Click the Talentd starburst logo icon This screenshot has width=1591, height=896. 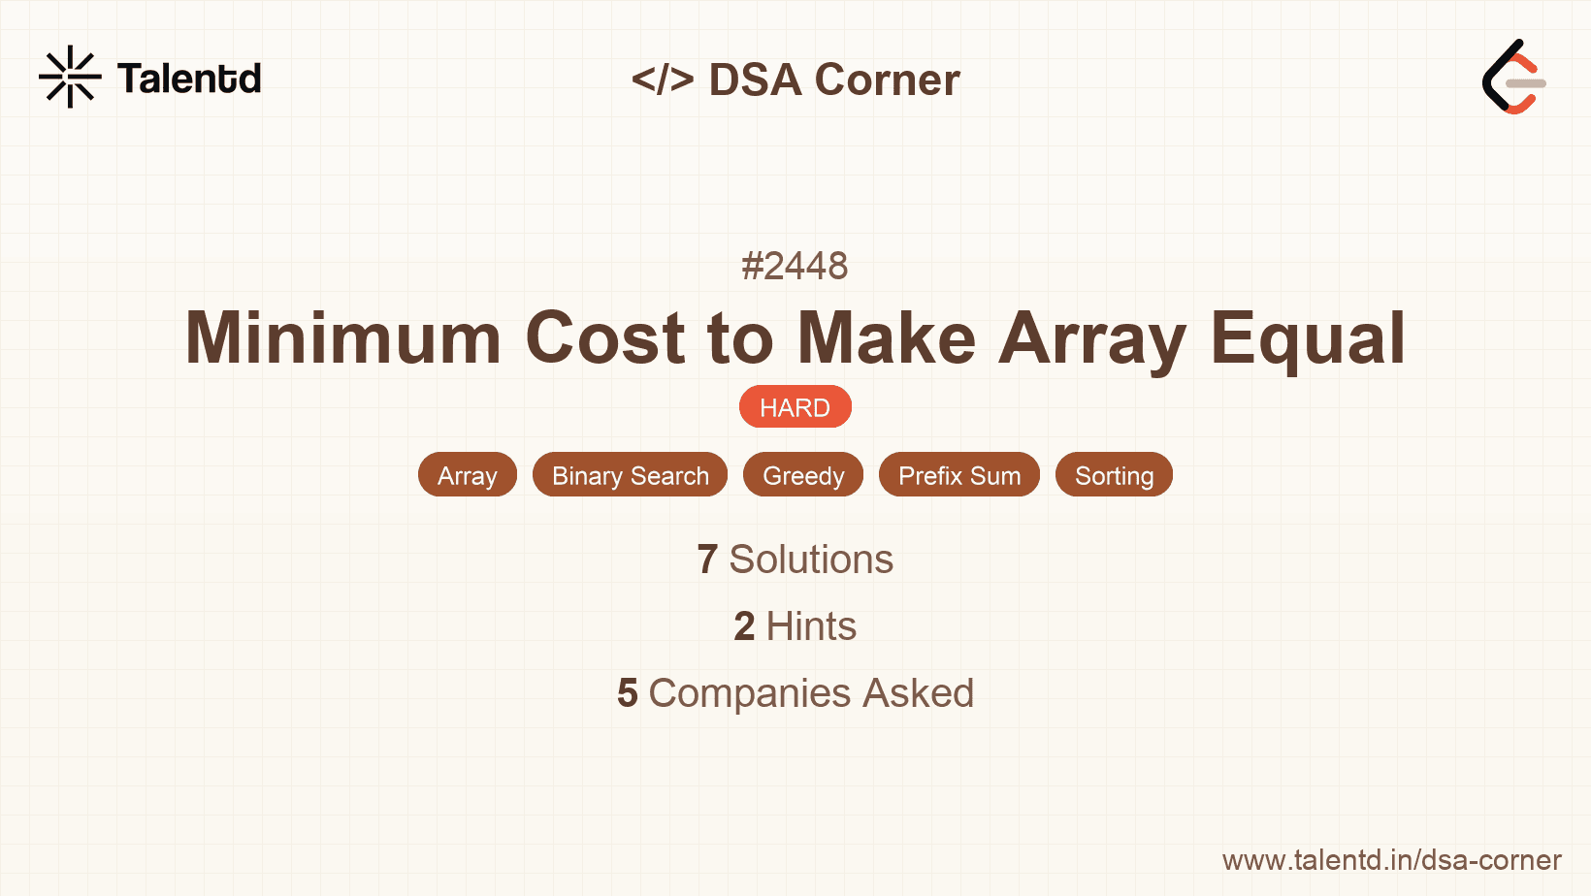(70, 77)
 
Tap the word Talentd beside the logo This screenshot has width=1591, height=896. (189, 79)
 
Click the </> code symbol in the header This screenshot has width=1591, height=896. (663, 80)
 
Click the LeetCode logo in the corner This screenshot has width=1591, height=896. (1513, 78)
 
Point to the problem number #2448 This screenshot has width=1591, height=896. (795, 266)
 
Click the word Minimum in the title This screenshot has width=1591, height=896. (343, 338)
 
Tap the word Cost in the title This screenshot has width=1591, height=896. (605, 338)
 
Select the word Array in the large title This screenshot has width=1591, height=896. (1092, 338)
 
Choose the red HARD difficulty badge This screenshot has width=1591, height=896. (795, 407)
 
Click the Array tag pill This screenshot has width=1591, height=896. (467, 475)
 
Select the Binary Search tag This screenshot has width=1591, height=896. (630, 475)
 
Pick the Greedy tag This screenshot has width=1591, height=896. (803, 475)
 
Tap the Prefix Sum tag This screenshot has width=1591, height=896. (958, 475)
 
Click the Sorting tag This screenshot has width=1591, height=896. (1114, 475)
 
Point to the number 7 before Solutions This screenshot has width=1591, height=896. (707, 560)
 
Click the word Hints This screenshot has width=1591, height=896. (811, 626)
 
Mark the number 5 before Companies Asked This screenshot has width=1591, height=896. (628, 693)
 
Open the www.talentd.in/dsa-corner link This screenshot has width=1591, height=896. (1391, 860)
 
